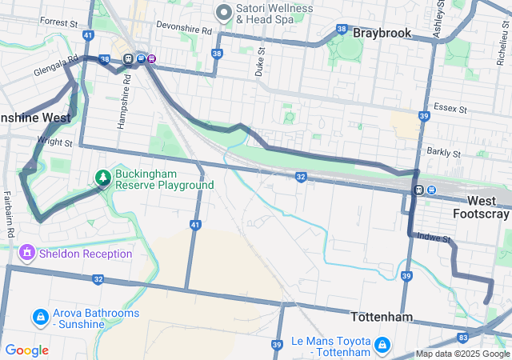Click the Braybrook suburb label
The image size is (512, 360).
(x=382, y=33)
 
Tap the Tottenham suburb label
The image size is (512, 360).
(x=382, y=317)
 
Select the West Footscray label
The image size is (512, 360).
(x=481, y=207)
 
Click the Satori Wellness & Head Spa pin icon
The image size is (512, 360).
(x=223, y=13)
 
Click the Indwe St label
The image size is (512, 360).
(x=436, y=239)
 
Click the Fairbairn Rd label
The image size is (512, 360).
(x=9, y=208)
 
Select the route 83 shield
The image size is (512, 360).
(x=463, y=338)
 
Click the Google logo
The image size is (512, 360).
(x=26, y=350)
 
